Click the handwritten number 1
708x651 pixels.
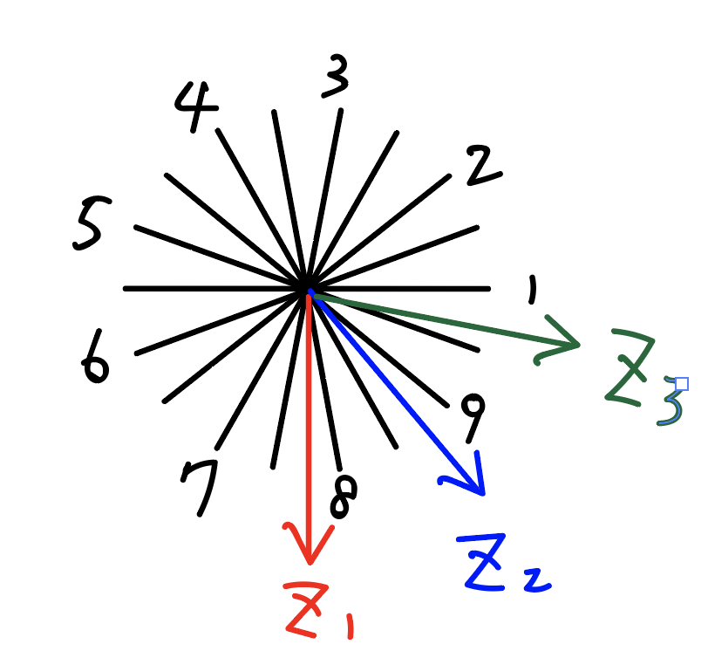(x=530, y=290)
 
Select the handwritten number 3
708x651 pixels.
(x=334, y=76)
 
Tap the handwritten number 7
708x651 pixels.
(x=201, y=484)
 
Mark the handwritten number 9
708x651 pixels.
(x=472, y=417)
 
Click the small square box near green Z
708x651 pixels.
(x=682, y=383)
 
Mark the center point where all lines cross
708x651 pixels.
(x=308, y=289)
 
